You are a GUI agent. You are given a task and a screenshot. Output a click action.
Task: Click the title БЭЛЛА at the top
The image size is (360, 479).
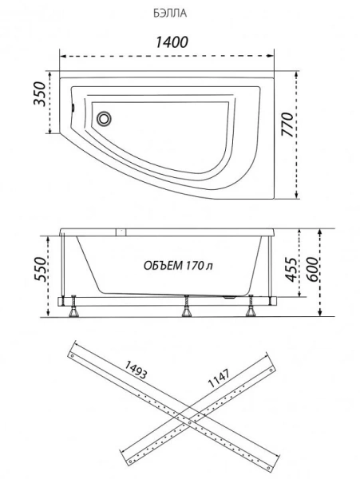[170, 14]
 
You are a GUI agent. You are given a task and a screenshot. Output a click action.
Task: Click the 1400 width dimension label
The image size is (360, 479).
[172, 42]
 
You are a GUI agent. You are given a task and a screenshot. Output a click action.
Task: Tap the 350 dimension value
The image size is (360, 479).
[40, 93]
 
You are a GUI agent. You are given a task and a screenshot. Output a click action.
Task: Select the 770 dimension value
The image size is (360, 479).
[287, 125]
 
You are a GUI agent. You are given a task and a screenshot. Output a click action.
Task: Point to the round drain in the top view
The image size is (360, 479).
[104, 118]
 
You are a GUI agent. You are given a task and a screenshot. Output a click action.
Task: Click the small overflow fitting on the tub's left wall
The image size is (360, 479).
[73, 108]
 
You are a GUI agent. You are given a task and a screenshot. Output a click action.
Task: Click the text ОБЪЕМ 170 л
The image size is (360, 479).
[178, 266]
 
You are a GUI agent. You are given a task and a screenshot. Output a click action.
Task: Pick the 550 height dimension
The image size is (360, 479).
[40, 269]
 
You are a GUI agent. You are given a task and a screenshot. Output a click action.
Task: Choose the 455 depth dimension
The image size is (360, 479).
[291, 270]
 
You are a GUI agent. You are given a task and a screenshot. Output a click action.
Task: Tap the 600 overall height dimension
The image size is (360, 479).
[312, 270]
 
